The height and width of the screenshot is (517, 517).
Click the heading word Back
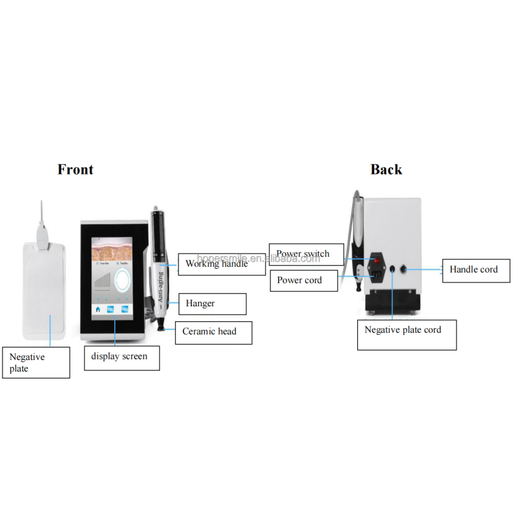coord(386,169)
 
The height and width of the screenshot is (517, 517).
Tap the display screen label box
coord(121,357)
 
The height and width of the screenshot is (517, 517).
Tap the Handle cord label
coord(474,269)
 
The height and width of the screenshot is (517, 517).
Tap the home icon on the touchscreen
coord(98,309)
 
